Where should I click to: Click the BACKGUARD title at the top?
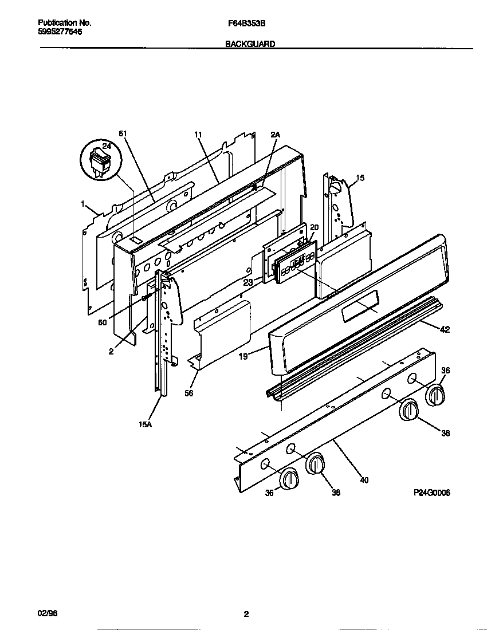point(250,44)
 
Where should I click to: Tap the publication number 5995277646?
point(60,32)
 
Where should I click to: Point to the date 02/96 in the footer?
point(47,614)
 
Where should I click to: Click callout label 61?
point(122,133)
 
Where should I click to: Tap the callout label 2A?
point(275,135)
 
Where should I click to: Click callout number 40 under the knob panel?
point(364,480)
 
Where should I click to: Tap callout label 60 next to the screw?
point(102,323)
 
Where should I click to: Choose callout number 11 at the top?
point(198,135)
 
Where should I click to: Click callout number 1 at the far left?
point(83,204)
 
